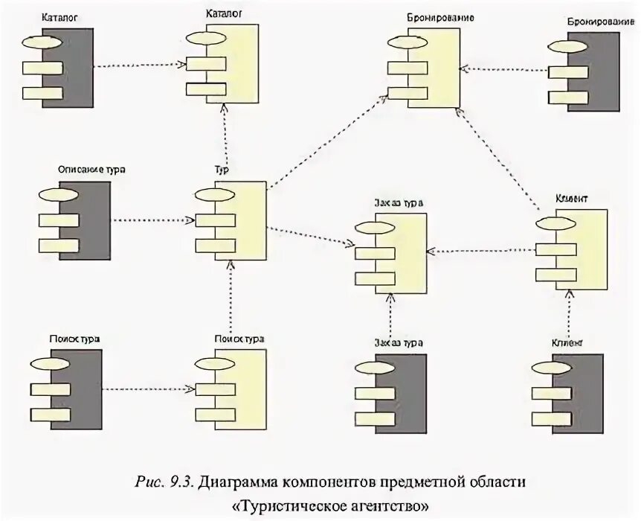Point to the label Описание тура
click(x=91, y=170)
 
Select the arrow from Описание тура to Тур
click(x=152, y=220)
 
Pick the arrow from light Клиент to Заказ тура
click(x=483, y=251)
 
